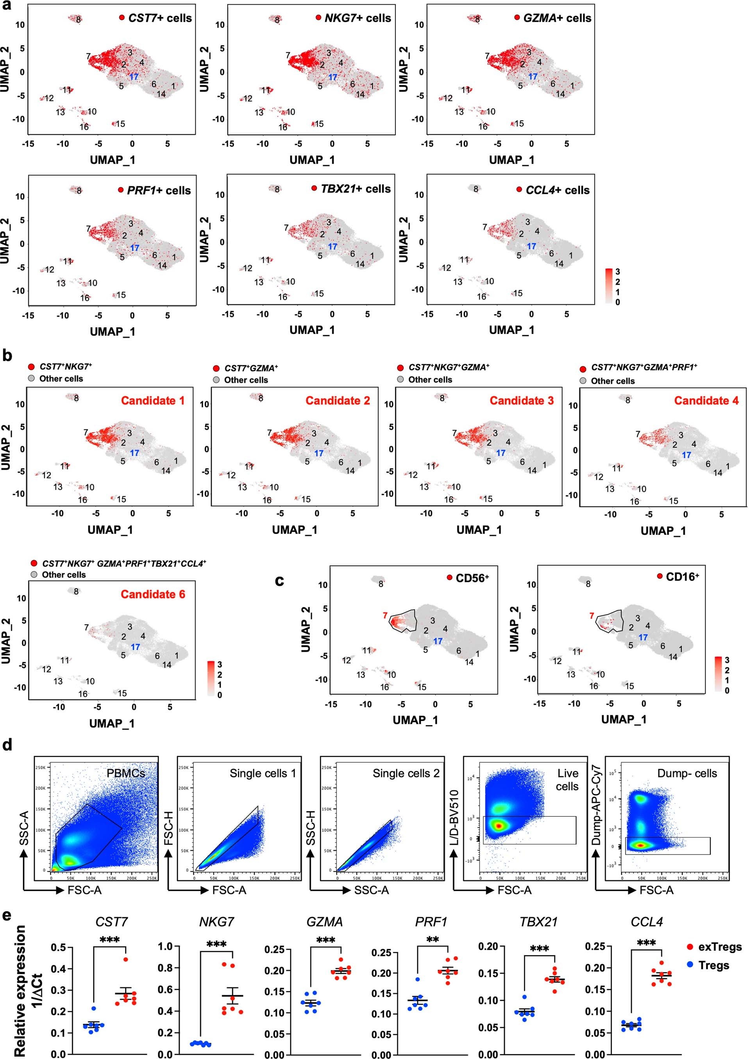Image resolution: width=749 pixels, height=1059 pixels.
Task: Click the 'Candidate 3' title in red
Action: pos(521,400)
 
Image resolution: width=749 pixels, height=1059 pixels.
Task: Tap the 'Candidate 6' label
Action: pos(153,594)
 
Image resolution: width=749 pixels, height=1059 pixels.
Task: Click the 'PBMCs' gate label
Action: pos(126,773)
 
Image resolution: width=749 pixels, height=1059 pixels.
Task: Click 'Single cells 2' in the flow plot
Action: pos(406,773)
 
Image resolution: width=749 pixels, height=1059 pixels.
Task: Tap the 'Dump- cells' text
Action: pos(687,773)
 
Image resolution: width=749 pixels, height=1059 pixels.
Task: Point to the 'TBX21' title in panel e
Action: pos(538,922)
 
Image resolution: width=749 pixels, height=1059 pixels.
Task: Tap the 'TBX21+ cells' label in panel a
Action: pos(355,189)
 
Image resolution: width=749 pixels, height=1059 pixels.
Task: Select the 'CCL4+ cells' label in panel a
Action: pos(557,190)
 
